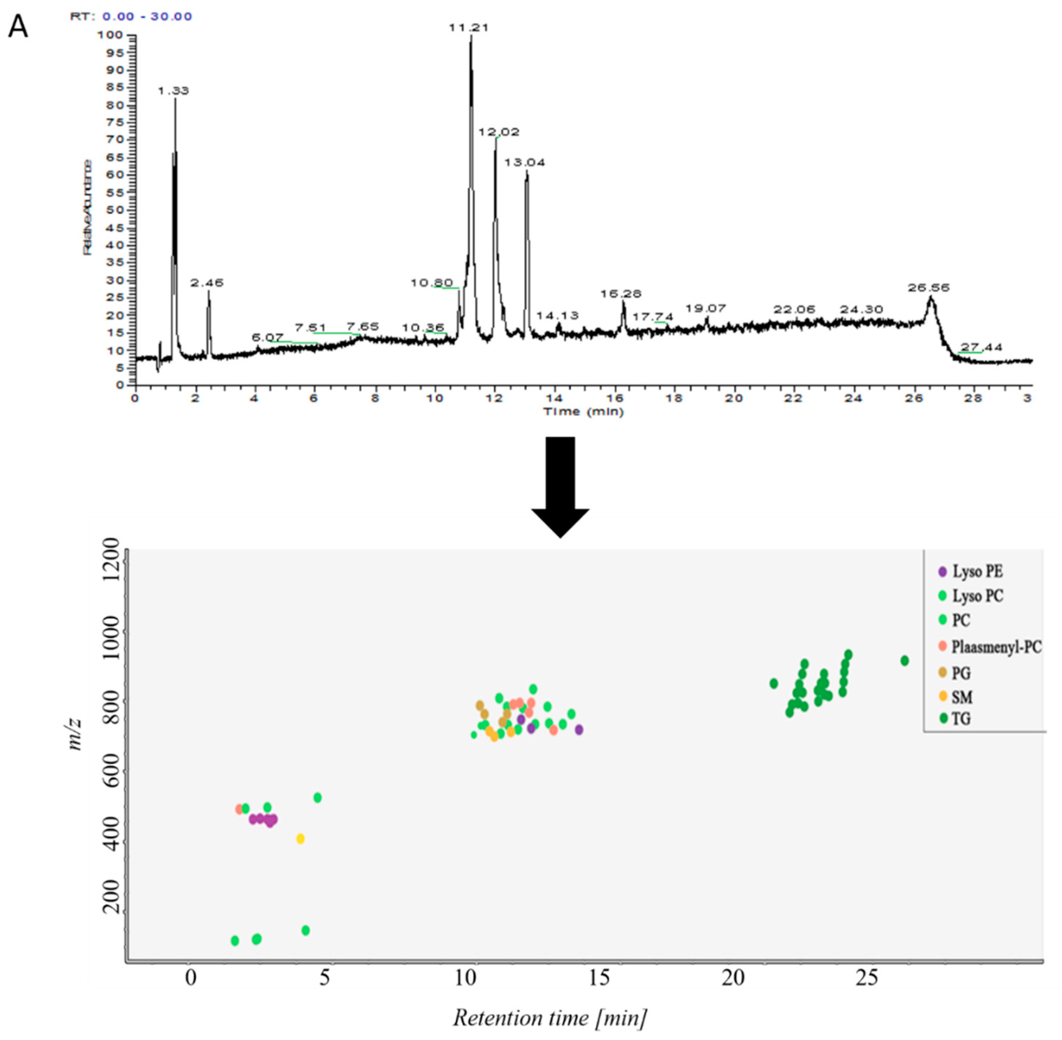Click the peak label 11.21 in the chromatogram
click(468, 27)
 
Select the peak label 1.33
click(173, 91)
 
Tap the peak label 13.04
click(524, 163)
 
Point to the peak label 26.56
click(928, 287)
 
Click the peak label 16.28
click(621, 294)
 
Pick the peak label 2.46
click(207, 283)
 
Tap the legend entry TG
click(961, 719)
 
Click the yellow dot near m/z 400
click(300, 839)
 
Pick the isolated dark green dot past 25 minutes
click(904, 660)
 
